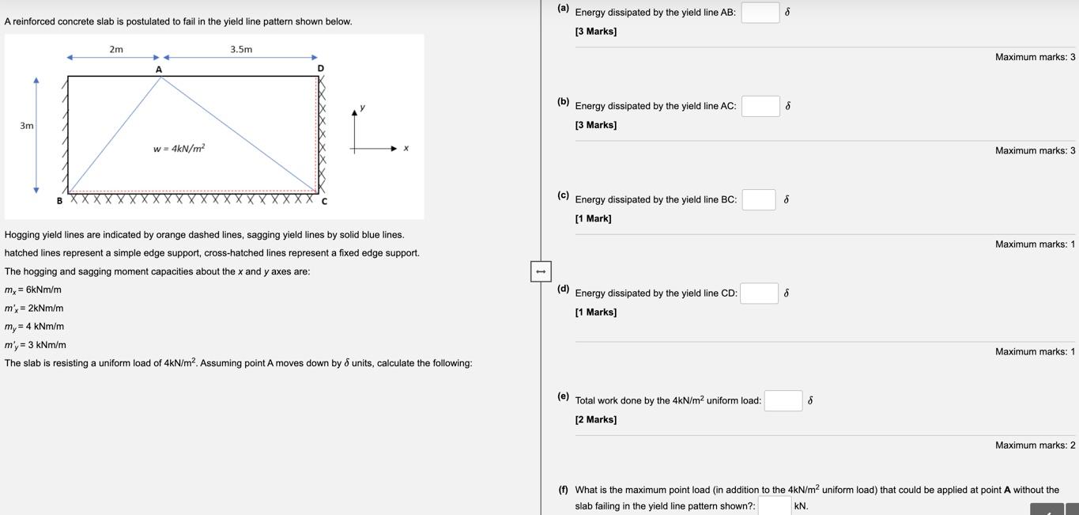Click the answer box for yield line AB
760,13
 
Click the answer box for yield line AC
760,106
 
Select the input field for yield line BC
758,199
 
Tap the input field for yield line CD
759,293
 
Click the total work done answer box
783,401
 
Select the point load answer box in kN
774,506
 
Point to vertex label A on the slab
159,70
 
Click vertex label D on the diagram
320,69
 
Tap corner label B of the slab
59,201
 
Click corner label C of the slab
324,201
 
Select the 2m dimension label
116,49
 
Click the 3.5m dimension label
241,49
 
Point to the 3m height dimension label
27,126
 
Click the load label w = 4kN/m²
179,148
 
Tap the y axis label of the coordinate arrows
362,107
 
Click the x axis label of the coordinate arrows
406,148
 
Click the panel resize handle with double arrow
541,271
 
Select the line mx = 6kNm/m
33,290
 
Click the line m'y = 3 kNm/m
36,345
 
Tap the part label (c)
563,195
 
